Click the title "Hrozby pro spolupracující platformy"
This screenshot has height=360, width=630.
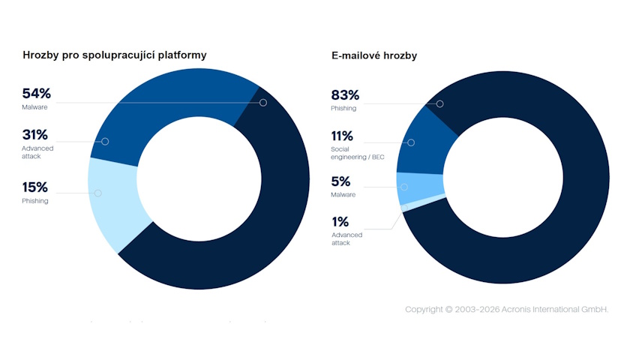[115, 55]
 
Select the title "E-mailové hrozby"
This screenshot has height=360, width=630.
[374, 55]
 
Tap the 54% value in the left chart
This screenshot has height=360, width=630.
[36, 94]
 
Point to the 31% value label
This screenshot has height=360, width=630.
[35, 135]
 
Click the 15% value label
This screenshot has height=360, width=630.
[35, 187]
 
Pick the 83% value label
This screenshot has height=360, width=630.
[345, 95]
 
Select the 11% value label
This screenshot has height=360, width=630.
[343, 136]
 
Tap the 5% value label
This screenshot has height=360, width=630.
[340, 181]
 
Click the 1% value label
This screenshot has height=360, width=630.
[340, 222]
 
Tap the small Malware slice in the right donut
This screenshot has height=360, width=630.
[420, 187]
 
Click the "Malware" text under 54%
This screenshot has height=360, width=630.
[34, 108]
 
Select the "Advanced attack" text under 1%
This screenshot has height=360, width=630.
[346, 239]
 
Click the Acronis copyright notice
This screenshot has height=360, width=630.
[506, 309]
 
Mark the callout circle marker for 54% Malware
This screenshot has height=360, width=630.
[263, 103]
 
